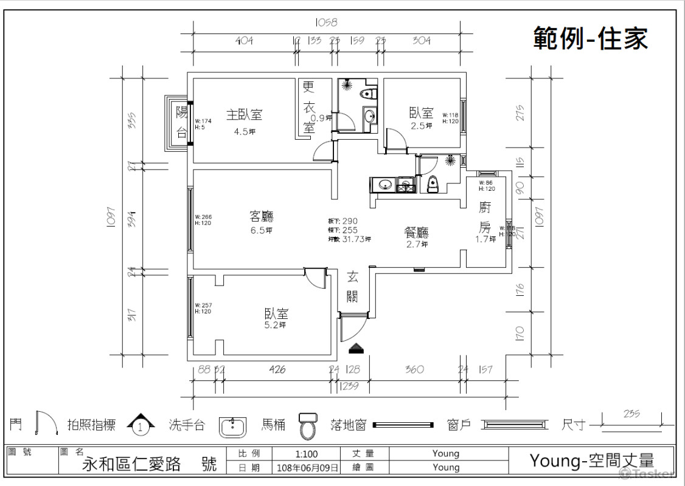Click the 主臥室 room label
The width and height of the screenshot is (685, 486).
pos(244,114)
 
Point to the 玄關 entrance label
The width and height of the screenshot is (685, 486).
pos(353,287)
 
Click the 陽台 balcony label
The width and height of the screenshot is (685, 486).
pos(181,122)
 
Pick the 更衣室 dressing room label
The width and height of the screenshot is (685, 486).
pos(309,108)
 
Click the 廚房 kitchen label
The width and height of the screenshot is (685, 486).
pos(485,217)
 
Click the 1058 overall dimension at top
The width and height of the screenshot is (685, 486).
pos(326,22)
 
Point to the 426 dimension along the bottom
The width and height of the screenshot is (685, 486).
pos(277,369)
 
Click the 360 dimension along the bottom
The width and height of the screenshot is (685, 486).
pos(414,369)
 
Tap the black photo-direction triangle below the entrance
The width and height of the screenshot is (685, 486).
pos(356,348)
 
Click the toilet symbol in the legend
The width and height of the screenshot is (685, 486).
pos(308,425)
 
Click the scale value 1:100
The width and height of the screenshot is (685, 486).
pos(306,454)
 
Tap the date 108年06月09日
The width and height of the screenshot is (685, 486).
pos(308,468)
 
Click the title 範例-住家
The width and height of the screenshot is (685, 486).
pos(590,38)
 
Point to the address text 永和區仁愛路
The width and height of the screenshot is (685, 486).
pos(131,465)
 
